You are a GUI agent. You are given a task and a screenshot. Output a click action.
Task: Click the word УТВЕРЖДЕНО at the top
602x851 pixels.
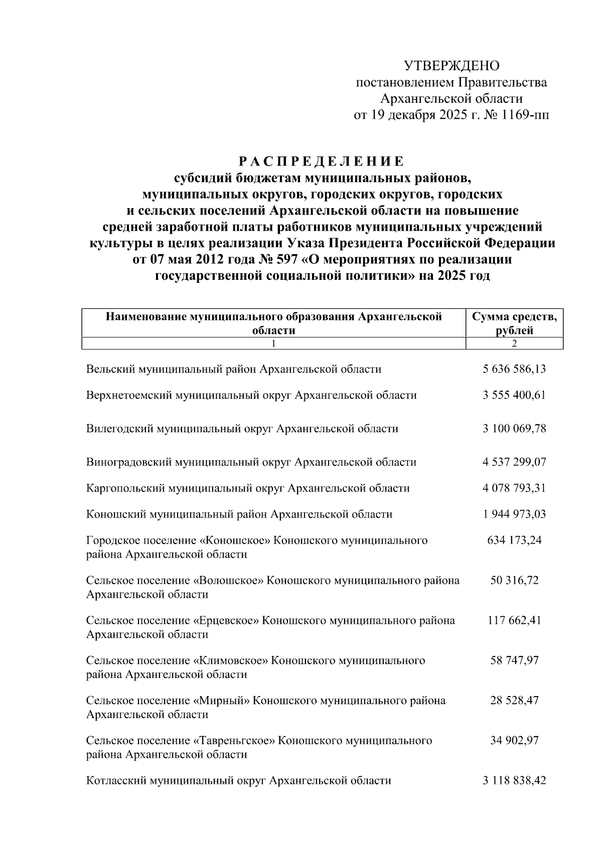[x=452, y=66]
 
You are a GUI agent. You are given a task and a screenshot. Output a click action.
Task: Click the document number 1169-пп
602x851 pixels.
[x=525, y=115]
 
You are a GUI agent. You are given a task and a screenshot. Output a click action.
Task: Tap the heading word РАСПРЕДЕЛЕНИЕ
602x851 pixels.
[x=321, y=161]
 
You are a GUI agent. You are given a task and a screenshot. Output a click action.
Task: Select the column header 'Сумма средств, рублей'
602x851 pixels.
[x=514, y=323]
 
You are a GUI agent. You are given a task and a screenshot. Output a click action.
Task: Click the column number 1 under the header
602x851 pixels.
[x=273, y=344]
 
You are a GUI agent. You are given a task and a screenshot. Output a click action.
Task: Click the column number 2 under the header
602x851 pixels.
[x=514, y=344]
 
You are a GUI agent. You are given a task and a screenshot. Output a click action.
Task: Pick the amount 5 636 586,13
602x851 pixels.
[x=514, y=370]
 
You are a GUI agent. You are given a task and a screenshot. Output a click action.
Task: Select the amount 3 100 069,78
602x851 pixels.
[x=514, y=429]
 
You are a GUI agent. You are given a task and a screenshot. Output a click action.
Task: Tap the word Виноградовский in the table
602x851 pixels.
[x=128, y=462]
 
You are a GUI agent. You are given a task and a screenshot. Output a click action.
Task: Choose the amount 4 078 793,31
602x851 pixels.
[x=514, y=488]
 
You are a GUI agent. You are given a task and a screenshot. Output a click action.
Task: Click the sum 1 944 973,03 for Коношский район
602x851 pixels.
[x=514, y=514]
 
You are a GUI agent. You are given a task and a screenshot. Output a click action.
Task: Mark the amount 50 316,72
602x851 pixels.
[x=514, y=581]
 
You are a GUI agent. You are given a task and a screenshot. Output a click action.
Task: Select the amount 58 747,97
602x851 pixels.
[x=514, y=660]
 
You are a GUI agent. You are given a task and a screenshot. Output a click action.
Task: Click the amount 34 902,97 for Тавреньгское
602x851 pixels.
[x=514, y=741]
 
